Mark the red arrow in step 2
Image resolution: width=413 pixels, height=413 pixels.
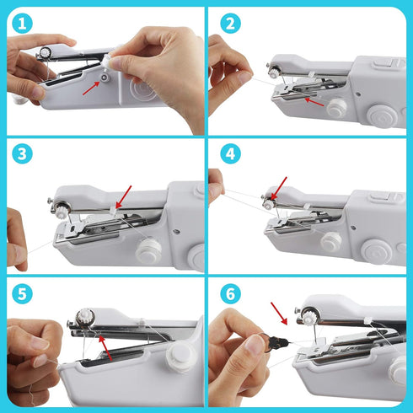[x=314, y=99]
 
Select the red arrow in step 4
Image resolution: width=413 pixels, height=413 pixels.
[x=277, y=189]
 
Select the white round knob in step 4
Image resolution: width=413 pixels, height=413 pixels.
[x=330, y=241]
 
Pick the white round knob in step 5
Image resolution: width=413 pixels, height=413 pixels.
[x=178, y=358]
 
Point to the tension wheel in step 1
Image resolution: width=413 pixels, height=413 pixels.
[x=44, y=53]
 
